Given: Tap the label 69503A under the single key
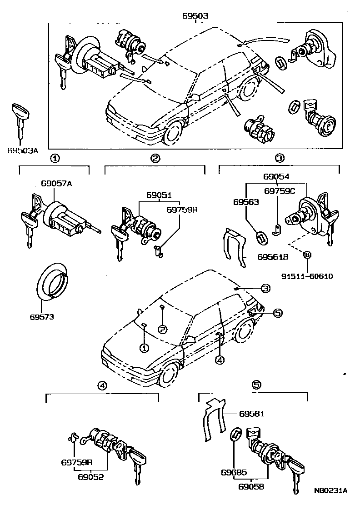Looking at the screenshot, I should click(x=22, y=150).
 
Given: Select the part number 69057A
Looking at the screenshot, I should click(x=56, y=184).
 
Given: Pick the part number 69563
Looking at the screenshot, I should click(x=246, y=202).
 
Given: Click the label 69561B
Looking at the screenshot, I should click(x=273, y=257).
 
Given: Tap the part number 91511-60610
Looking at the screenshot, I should click(x=307, y=275).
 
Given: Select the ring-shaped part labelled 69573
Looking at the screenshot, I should click(x=51, y=283).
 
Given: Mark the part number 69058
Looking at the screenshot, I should click(x=251, y=487).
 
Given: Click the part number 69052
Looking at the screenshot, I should click(x=90, y=477).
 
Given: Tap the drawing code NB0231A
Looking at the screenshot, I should click(x=330, y=490).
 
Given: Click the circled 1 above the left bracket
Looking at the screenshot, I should click(x=54, y=159).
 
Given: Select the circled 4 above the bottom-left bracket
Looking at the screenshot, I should click(x=102, y=385).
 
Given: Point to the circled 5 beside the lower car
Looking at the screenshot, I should click(x=277, y=312).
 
